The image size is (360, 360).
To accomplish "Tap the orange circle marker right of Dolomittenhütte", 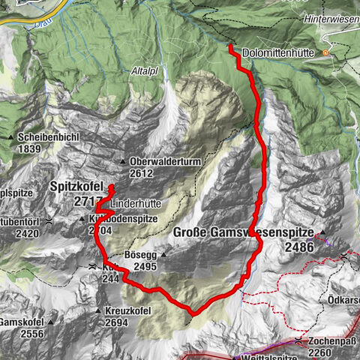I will click(x=325, y=53).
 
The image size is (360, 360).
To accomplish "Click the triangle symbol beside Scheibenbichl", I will click(x=11, y=138).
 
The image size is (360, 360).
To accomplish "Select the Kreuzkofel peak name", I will click(x=128, y=310).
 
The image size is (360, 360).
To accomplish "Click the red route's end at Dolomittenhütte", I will click(x=230, y=47).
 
